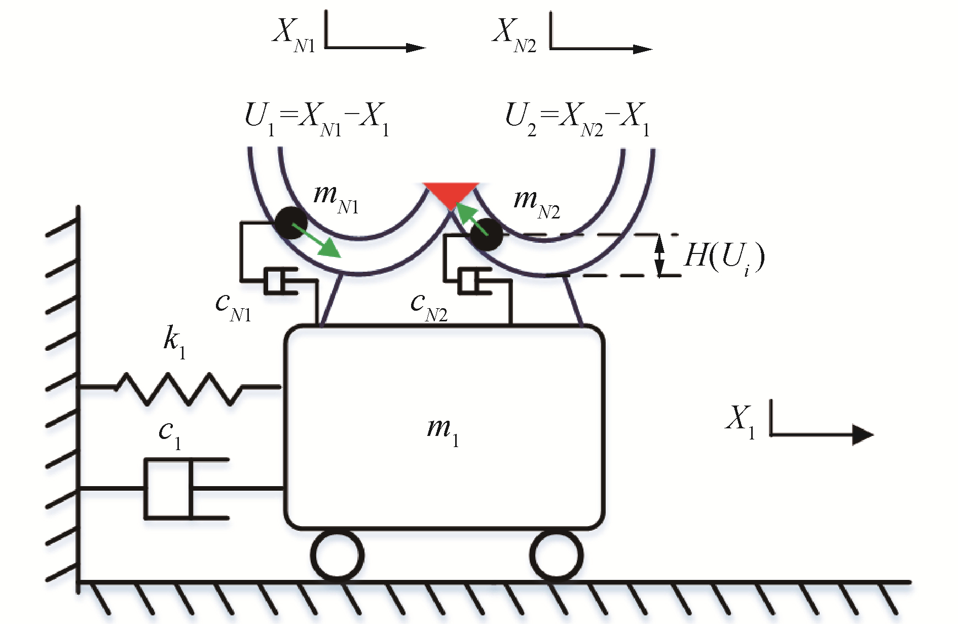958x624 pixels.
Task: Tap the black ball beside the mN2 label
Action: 486,234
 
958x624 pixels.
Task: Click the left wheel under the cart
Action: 337,555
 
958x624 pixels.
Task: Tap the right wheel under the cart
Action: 556,555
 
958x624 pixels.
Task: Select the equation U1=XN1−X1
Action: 317,121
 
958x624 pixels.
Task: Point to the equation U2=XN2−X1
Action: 577,121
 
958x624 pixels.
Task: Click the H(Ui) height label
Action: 723,257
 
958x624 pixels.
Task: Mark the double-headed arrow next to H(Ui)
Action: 659,255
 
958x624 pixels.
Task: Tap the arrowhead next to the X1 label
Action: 862,434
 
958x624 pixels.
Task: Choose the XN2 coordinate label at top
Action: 514,35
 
